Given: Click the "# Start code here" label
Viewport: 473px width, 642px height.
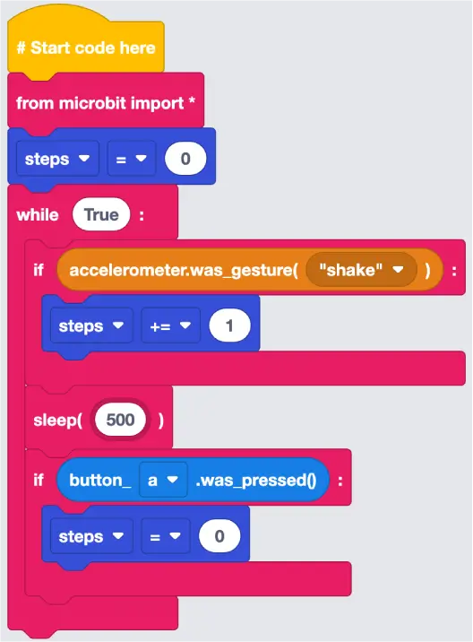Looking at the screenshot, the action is click(x=86, y=48).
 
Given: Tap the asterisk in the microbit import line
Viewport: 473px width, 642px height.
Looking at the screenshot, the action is click(x=192, y=100).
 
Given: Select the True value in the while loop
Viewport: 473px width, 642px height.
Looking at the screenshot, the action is click(x=101, y=214).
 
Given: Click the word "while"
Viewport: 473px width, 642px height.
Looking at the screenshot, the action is click(x=38, y=214).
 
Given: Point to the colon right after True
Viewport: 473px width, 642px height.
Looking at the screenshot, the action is click(x=142, y=215).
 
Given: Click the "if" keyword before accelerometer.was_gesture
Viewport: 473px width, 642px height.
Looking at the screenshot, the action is click(x=39, y=270).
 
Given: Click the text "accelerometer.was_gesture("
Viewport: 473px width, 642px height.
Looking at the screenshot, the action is click(x=184, y=270).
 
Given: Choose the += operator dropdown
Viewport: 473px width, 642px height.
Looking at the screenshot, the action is click(x=170, y=325).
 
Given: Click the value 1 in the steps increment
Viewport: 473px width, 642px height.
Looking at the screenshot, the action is click(x=229, y=325).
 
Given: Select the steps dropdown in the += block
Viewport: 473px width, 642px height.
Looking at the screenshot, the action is click(x=91, y=325).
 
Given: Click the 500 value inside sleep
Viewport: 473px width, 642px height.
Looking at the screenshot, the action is click(x=120, y=420).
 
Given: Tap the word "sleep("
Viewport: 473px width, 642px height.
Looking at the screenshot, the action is click(x=58, y=421).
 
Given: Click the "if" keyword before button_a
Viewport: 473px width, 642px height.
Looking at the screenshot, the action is click(x=39, y=480).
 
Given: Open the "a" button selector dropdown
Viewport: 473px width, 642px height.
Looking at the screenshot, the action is click(x=163, y=480).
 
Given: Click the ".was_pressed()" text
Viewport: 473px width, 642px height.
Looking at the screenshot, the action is click(x=256, y=481).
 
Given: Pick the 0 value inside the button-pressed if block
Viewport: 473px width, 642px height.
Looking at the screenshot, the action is click(x=219, y=536).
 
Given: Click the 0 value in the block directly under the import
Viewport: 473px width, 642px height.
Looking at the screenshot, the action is click(x=185, y=159).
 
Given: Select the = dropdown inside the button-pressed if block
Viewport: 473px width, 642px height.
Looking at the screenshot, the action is click(x=166, y=536).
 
